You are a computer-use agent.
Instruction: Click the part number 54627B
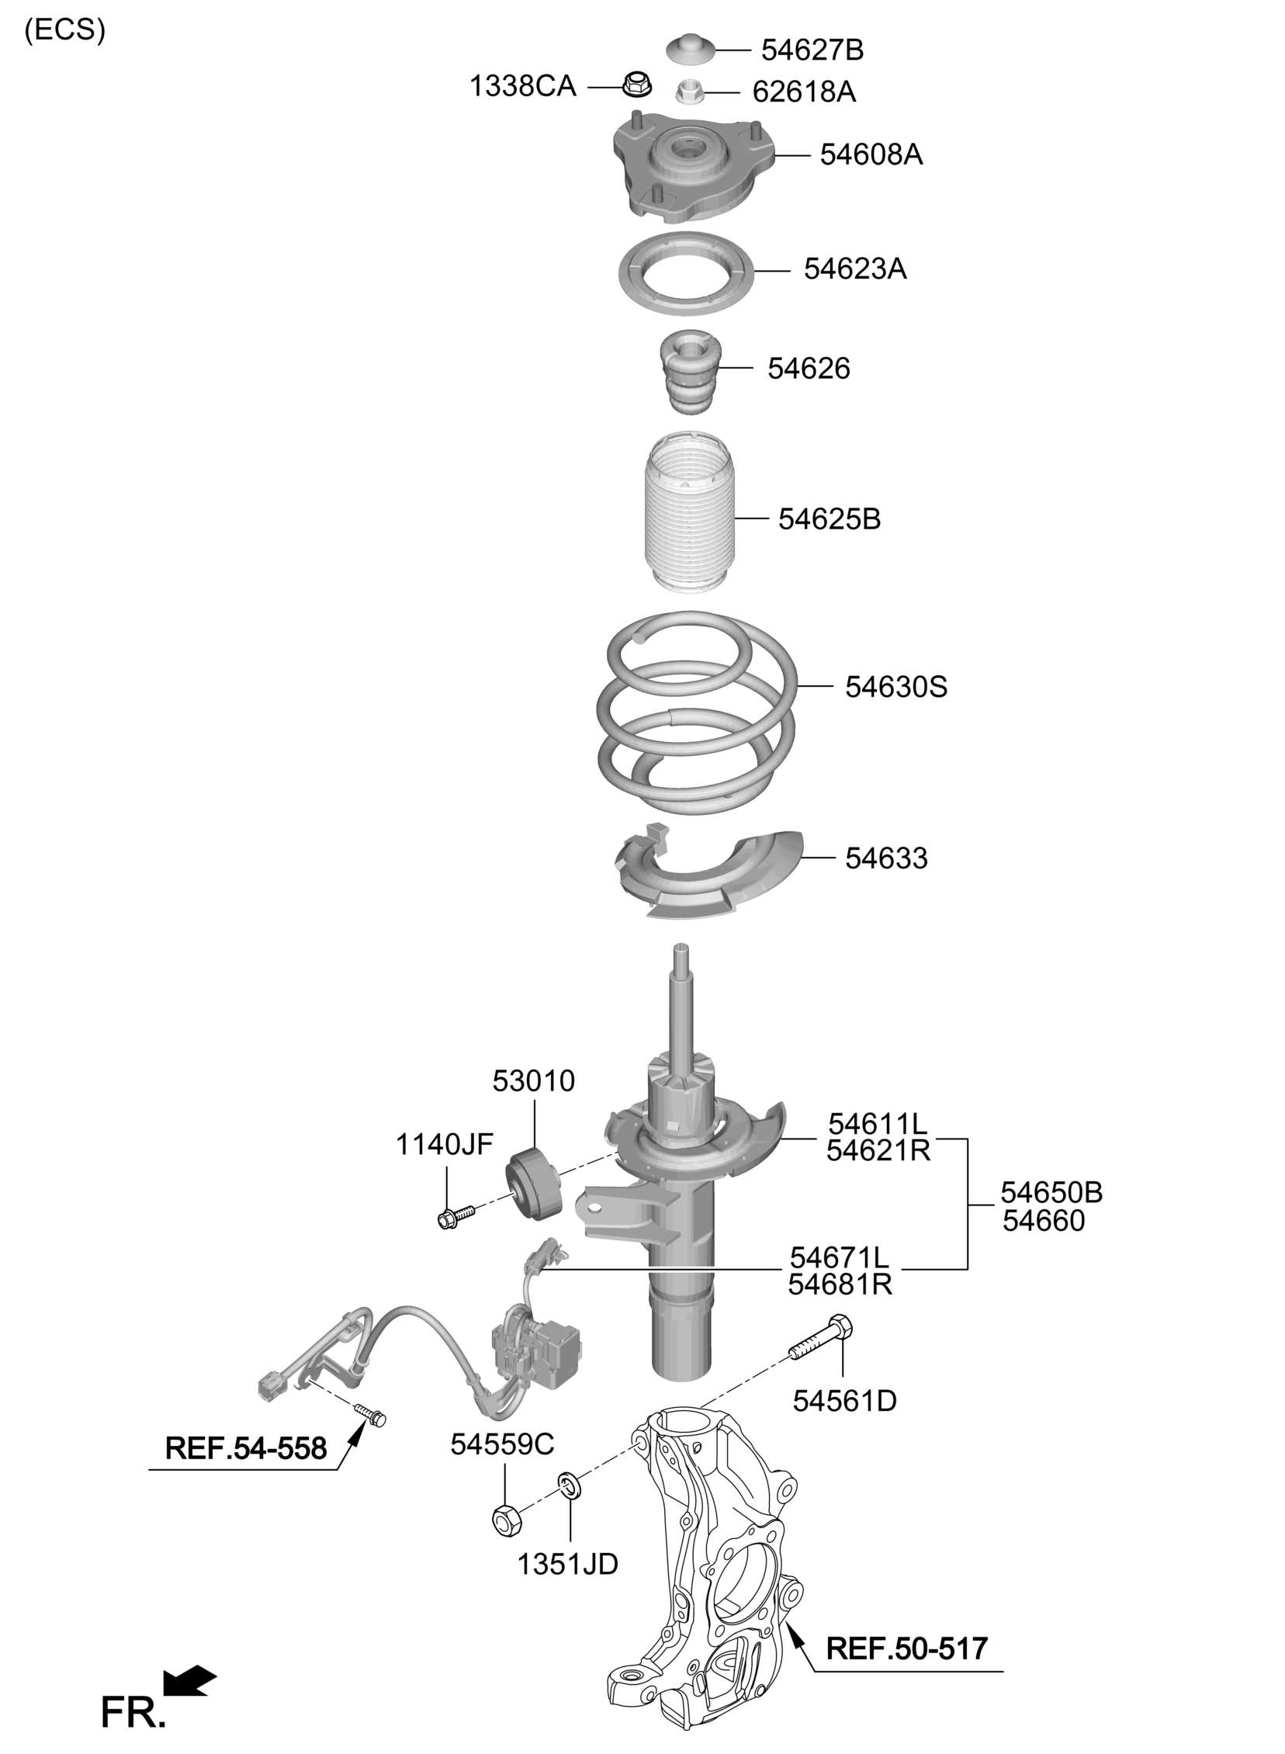point(812,50)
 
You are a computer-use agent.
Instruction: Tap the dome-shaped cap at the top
point(690,50)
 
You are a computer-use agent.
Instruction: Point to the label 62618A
point(804,92)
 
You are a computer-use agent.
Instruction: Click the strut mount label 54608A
point(871,154)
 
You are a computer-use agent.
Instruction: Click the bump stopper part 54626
point(690,373)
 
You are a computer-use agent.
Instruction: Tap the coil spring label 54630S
point(896,687)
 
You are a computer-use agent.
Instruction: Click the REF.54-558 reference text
point(246,1447)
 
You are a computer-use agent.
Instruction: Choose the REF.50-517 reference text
point(907,1648)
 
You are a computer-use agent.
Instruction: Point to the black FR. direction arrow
point(189,1679)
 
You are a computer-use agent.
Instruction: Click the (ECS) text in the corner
point(64,29)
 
